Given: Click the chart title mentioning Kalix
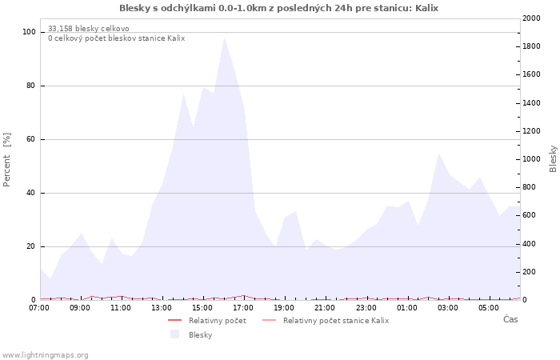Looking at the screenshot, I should pyautogui.click(x=279, y=8).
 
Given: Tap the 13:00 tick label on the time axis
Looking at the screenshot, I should pyautogui.click(x=162, y=306).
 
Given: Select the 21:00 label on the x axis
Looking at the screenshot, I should pyautogui.click(x=325, y=306).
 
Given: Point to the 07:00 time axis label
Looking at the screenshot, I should pyautogui.click(x=39, y=306).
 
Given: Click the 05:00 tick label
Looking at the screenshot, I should pyautogui.click(x=488, y=306).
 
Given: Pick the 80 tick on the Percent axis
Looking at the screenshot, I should pyautogui.click(x=30, y=86).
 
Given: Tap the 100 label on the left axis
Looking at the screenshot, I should pyautogui.click(x=29, y=32).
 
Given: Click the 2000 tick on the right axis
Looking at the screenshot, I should pyautogui.click(x=531, y=18).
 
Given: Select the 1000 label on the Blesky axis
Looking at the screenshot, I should pyautogui.click(x=531, y=159).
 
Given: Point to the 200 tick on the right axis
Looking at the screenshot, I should pyautogui.click(x=530, y=272).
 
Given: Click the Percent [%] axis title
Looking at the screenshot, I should pyautogui.click(x=7, y=160).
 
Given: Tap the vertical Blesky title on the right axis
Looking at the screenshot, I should pyautogui.click(x=553, y=158).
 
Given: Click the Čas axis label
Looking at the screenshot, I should pyautogui.click(x=510, y=319).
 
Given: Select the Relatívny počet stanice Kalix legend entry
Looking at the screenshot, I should pyautogui.click(x=335, y=321).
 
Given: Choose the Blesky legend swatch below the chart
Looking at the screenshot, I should pyautogui.click(x=174, y=334).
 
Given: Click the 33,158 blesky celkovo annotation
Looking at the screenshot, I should pyautogui.click(x=88, y=29).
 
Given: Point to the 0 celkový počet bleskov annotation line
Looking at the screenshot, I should pyautogui.click(x=116, y=38).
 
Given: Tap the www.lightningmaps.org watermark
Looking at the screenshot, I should pyautogui.click(x=46, y=355).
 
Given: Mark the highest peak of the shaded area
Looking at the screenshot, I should pyautogui.click(x=224, y=38).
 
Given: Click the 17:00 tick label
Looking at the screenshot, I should pyautogui.click(x=243, y=306).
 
